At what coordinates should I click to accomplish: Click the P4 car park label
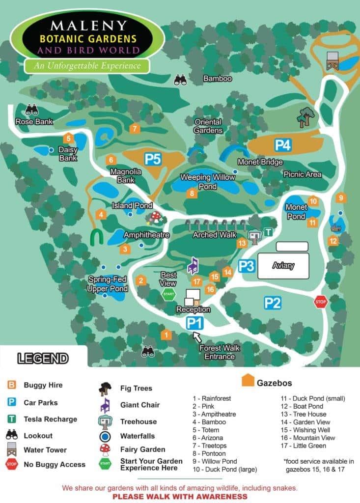[283, 145]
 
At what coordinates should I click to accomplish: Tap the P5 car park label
[153, 159]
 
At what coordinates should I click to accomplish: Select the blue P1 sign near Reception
[195, 323]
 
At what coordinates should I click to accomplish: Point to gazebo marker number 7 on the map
[135, 129]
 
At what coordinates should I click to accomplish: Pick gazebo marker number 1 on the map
[166, 335]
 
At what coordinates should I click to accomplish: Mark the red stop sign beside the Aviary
[320, 302]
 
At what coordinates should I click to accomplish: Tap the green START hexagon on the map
[168, 295]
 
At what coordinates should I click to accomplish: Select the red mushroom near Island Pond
[156, 217]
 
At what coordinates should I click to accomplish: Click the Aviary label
[283, 266]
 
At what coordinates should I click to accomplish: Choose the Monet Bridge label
[260, 162]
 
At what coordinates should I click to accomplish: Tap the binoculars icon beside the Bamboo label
[180, 80]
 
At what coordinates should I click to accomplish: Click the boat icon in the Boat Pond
[336, 227]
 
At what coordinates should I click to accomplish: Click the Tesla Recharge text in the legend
[51, 419]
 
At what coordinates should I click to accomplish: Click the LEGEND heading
[43, 358]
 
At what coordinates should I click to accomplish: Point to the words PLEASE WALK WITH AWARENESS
[180, 497]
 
